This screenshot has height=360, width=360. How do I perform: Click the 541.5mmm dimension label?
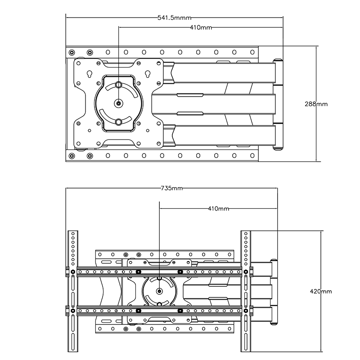(174, 18)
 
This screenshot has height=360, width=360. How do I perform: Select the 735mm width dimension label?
(171, 189)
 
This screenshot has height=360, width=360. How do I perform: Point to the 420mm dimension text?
(321, 291)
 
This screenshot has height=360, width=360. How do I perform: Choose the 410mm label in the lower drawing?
(219, 209)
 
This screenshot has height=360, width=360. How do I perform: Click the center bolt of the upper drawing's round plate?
(118, 103)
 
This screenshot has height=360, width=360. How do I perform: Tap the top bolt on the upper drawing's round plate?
(118, 85)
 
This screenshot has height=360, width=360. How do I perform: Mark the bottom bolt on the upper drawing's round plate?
(118, 121)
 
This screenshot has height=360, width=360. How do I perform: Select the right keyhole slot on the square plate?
(147, 74)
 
